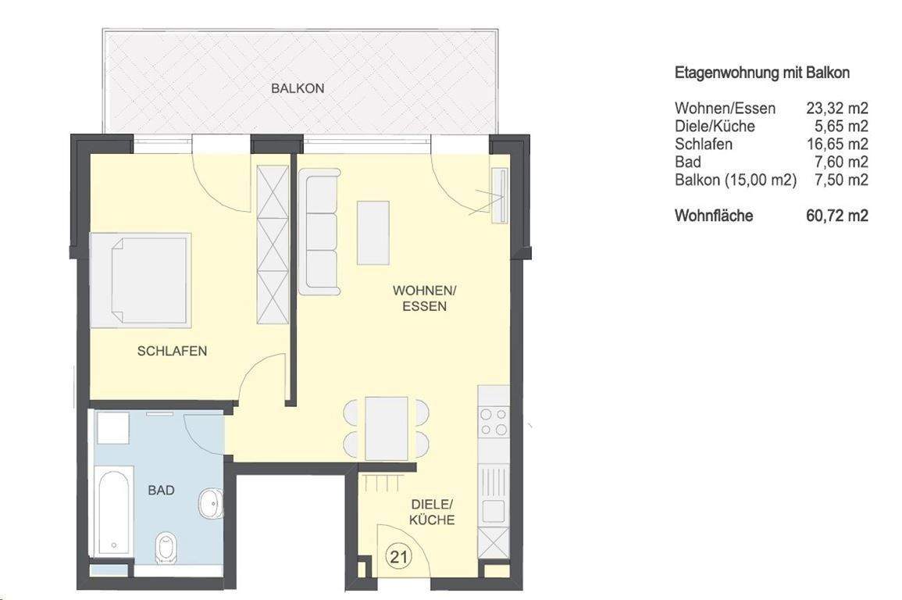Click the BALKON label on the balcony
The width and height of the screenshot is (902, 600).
(298, 88)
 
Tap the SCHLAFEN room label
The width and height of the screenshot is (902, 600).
(172, 351)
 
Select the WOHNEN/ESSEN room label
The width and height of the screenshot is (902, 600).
(424, 298)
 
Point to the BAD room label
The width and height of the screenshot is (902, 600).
(161, 491)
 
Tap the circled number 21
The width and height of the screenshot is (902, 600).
(399, 557)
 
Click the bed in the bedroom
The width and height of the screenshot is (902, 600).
(141, 279)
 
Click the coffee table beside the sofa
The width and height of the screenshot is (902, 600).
(373, 233)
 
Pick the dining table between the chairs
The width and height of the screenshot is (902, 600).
(387, 428)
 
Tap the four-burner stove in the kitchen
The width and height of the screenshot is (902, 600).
(493, 421)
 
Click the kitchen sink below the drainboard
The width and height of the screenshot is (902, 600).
(493, 510)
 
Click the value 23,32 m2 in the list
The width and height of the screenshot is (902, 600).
(837, 108)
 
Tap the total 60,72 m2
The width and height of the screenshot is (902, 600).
(837, 216)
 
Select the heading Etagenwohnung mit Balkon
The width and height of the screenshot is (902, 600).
(761, 73)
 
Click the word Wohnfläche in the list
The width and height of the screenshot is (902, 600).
(714, 216)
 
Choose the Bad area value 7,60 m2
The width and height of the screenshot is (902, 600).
(841, 162)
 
